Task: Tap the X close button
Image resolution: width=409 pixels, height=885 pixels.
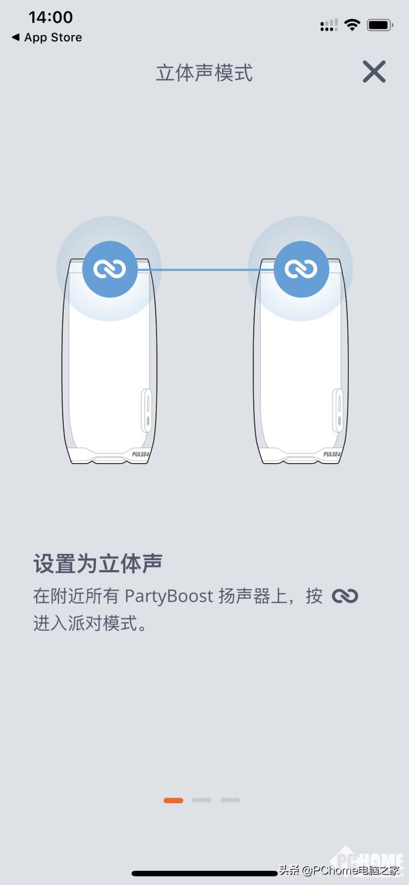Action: click(x=374, y=72)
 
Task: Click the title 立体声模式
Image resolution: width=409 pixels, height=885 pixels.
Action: click(x=204, y=73)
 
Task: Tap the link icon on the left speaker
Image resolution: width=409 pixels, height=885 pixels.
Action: click(x=110, y=269)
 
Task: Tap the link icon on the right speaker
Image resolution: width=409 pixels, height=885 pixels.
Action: click(x=301, y=269)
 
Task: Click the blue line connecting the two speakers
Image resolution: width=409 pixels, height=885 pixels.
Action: click(x=204, y=270)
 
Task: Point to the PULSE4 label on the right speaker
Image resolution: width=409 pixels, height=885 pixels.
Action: click(x=332, y=454)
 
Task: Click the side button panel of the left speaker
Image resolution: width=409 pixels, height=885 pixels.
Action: click(x=147, y=410)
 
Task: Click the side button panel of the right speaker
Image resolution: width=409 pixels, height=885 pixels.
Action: click(x=338, y=410)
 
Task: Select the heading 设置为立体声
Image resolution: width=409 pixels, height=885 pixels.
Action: click(x=98, y=563)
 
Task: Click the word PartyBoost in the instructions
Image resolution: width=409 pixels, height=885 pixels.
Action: click(x=169, y=596)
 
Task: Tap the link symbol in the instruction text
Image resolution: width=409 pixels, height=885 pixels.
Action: click(x=345, y=596)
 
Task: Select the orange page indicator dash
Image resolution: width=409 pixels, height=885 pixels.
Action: click(x=173, y=800)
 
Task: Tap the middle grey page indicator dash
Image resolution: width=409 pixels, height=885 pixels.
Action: click(x=202, y=800)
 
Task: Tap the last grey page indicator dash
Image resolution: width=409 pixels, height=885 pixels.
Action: click(x=230, y=800)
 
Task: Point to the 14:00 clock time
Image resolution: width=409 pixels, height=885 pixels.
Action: click(x=51, y=17)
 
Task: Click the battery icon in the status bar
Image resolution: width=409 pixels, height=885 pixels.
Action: click(x=379, y=25)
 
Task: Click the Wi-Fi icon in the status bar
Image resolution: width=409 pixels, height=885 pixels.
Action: click(x=352, y=25)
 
